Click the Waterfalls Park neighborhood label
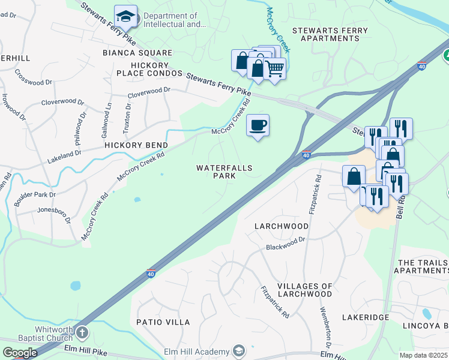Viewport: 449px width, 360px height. click(224, 172)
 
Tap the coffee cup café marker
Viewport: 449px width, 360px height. click(258, 125)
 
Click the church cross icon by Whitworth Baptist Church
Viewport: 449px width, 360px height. click(82, 332)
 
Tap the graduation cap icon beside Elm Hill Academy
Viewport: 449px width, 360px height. click(239, 351)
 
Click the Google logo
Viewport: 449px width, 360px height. click(19, 353)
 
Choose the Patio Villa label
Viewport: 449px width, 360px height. click(162, 322)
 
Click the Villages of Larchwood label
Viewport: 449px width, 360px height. click(304, 290)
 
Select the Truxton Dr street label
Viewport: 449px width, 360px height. click(128, 113)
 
